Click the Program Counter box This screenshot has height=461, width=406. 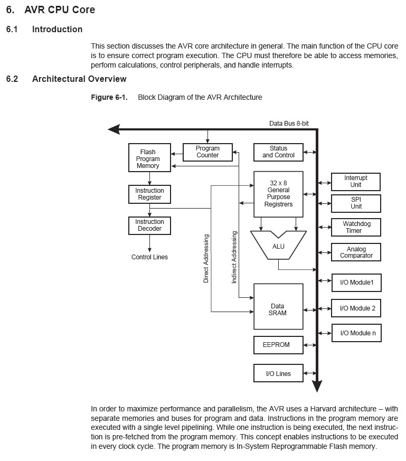point(207,152)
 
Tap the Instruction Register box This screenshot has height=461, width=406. point(149,194)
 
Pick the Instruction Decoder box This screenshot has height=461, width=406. point(149,225)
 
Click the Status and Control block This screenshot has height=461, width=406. point(278,152)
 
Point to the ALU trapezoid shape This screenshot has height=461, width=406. point(278,247)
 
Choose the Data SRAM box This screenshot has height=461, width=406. point(278,309)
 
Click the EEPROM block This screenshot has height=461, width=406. point(278,345)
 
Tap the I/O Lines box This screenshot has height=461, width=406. point(278,374)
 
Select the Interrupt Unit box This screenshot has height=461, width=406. point(356,182)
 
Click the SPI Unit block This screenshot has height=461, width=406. point(356,203)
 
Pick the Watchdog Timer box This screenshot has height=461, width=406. point(356,227)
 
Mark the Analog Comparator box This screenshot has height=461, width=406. point(356,252)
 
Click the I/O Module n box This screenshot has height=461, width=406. point(356,333)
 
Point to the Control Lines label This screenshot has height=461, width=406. point(149,257)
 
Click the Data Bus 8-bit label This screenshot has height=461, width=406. point(289,123)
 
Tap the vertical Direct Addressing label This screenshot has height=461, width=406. point(206,259)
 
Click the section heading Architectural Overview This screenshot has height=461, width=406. point(79,79)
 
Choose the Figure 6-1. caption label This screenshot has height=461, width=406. point(109,97)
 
